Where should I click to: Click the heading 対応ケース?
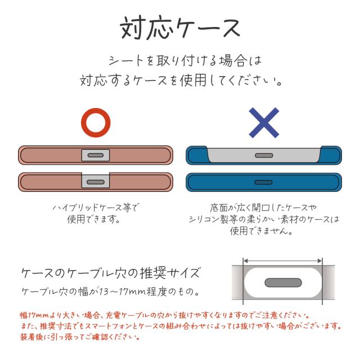(x=180, y=26)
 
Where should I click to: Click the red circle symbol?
(x=95, y=123)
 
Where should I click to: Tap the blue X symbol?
(x=264, y=123)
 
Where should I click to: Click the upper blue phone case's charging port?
(x=264, y=155)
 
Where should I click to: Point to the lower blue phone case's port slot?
(x=264, y=182)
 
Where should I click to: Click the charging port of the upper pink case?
(x=95, y=155)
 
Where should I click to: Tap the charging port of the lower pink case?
(x=95, y=182)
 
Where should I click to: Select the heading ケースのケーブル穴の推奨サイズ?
(x=110, y=274)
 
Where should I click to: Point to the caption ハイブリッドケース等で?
(x=95, y=208)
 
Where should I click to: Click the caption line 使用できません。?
(x=264, y=231)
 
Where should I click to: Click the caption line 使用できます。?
(x=94, y=219)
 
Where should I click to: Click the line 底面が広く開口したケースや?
(x=264, y=208)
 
